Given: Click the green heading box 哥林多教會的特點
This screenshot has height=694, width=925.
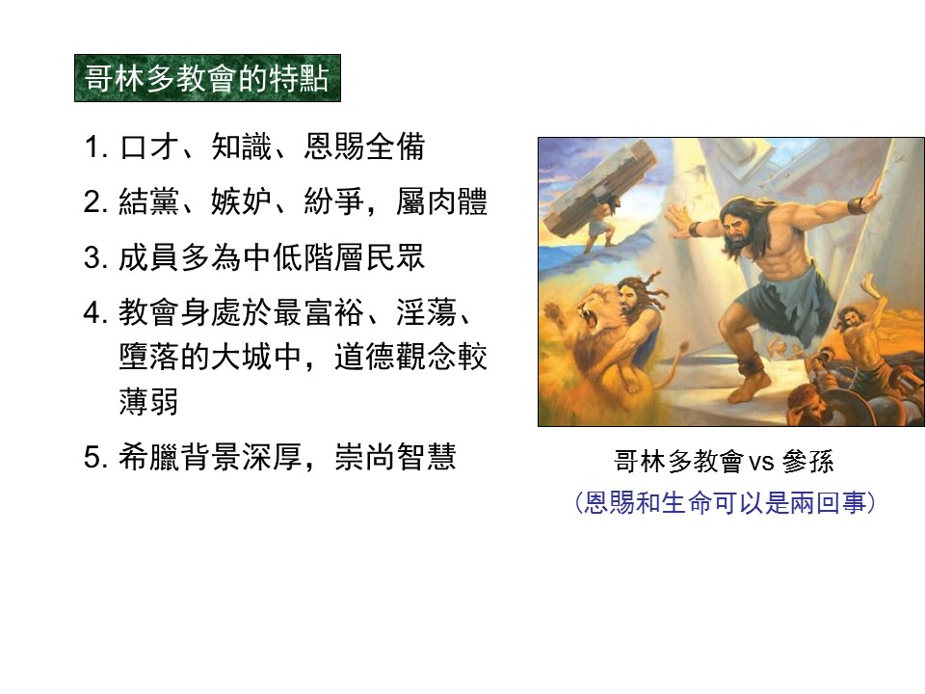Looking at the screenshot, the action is pyautogui.click(x=208, y=78).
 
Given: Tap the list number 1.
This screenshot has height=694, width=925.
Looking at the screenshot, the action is pyautogui.click(x=95, y=147).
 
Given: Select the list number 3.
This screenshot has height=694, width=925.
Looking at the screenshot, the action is pyautogui.click(x=95, y=257).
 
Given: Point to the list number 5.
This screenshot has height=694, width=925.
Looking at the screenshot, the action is pyautogui.click(x=95, y=457).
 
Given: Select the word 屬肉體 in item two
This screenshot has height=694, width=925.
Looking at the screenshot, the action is pyautogui.click(x=442, y=201).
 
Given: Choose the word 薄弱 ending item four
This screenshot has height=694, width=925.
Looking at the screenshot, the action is pyautogui.click(x=148, y=401).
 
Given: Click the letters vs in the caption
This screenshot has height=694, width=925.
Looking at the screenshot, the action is pyautogui.click(x=761, y=462).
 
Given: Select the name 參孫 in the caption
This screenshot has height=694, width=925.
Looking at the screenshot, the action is pyautogui.click(x=807, y=462).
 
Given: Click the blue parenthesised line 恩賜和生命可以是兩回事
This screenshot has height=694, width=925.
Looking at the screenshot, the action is pyautogui.click(x=725, y=503).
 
